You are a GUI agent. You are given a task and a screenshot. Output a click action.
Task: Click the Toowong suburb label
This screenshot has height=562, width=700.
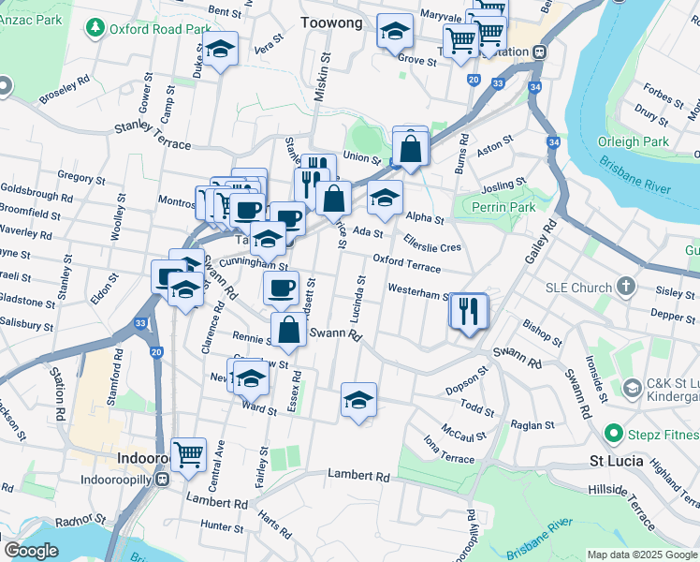coord(331,22)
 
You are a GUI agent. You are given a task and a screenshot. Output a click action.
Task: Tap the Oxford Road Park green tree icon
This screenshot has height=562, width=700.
coord(95,29)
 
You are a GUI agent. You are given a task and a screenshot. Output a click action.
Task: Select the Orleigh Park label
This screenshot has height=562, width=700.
coord(632,141)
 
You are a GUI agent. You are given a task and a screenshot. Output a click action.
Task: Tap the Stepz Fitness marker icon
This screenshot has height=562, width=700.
coord(614,434)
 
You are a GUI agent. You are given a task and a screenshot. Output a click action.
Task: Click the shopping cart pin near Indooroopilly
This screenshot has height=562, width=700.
coord(189,455)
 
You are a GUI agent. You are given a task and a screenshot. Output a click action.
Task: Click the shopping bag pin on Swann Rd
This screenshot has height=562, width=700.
coord(289,331)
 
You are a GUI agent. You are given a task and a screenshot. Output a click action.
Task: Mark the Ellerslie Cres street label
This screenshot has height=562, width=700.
coord(431,242)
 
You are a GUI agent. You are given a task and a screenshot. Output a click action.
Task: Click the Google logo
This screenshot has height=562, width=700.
coord(32,551)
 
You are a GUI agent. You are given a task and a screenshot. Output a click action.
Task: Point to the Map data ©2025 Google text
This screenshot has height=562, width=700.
coord(641,555)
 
